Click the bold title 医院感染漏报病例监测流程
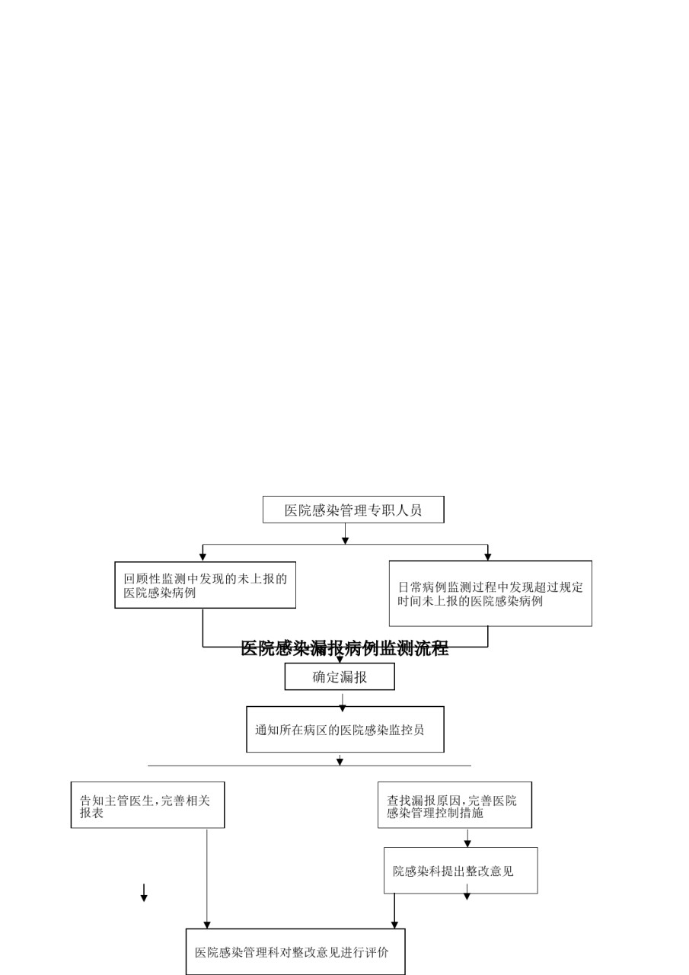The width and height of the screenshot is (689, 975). click(x=344, y=648)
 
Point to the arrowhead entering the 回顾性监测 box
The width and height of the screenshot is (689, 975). click(x=203, y=557)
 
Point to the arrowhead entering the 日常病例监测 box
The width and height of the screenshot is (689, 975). click(x=487, y=556)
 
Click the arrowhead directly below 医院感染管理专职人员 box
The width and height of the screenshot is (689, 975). click(x=345, y=540)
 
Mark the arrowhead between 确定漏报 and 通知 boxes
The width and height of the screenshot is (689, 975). click(x=343, y=708)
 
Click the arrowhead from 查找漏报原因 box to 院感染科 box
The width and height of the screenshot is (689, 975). click(x=467, y=843)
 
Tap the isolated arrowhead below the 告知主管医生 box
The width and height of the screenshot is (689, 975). click(x=144, y=897)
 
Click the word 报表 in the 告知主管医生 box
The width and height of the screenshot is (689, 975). click(x=92, y=813)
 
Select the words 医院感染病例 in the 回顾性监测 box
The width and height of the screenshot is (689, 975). click(x=160, y=593)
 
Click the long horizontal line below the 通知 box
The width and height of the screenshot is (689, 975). click(x=309, y=766)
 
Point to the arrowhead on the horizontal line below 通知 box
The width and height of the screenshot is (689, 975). click(x=340, y=761)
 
